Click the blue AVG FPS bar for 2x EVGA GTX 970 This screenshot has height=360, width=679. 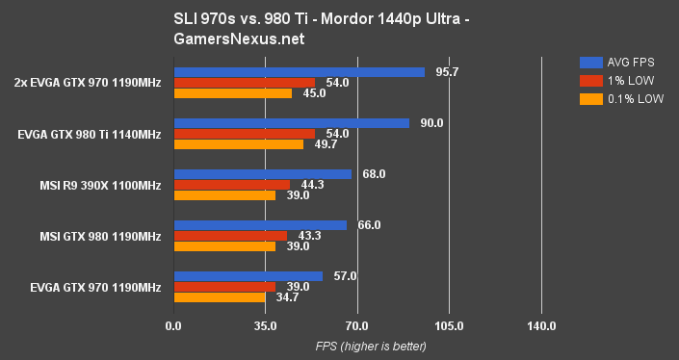[299, 72]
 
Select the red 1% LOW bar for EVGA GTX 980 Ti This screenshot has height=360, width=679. [244, 134]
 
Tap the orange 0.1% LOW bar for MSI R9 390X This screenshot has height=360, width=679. [223, 195]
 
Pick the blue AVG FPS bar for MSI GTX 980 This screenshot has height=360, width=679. [259, 225]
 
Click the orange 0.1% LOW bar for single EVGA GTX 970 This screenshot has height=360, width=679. [219, 297]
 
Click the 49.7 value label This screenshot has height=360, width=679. [324, 144]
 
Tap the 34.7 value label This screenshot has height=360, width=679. [285, 297]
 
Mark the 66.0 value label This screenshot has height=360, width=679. [367, 225]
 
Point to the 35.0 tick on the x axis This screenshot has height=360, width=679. [265, 326]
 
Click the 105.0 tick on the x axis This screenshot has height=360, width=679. [449, 326]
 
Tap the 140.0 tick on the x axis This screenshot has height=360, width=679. [541, 326]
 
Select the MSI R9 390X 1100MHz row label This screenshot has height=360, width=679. [100, 185]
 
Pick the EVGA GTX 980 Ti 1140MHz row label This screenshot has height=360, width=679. [89, 134]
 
